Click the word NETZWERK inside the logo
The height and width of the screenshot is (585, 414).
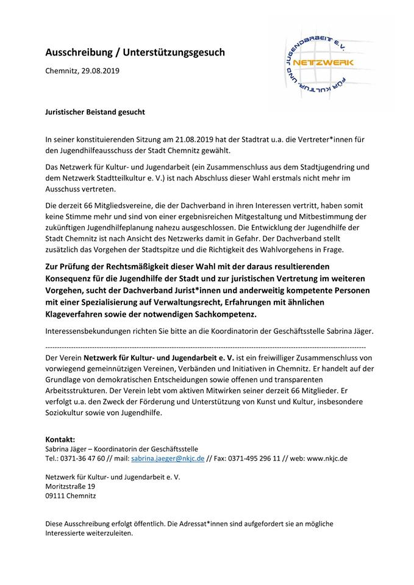322,62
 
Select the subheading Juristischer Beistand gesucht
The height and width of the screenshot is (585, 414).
95,112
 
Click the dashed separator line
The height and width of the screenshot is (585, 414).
207,346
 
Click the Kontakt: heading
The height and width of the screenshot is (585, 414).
60,439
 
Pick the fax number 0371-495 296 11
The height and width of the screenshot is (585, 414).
252,458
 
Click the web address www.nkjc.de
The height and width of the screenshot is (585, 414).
327,458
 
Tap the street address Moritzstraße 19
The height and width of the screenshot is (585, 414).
70,486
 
